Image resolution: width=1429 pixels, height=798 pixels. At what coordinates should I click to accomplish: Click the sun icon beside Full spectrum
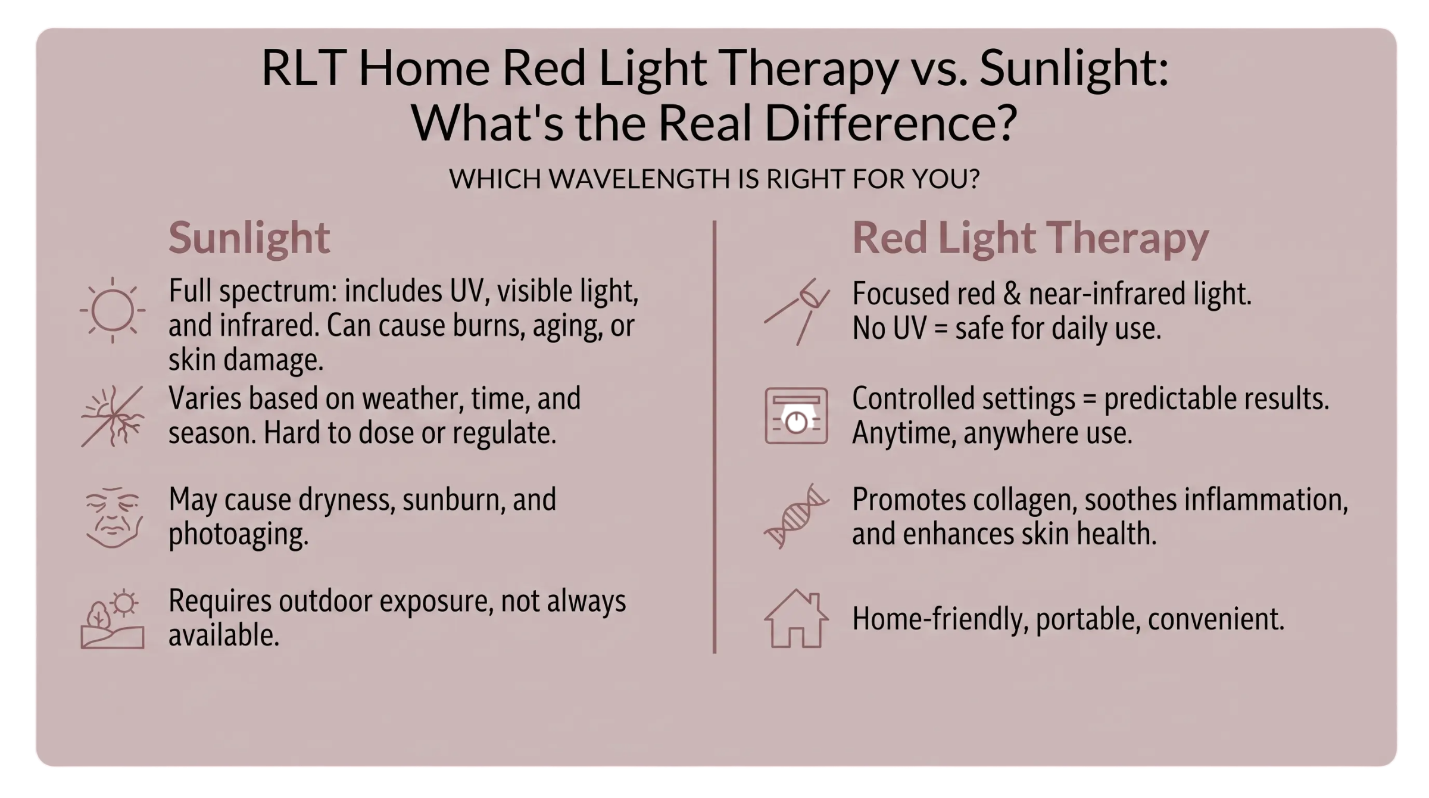(x=113, y=310)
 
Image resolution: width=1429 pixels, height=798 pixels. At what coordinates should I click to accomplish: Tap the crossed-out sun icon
(x=113, y=416)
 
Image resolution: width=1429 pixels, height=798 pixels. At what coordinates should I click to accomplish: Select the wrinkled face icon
(x=113, y=517)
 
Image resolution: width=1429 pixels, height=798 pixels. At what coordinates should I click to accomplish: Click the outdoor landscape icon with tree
(x=113, y=619)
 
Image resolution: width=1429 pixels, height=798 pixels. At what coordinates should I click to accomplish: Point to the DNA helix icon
(x=796, y=516)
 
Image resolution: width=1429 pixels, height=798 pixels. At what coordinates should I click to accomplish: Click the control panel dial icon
(x=796, y=416)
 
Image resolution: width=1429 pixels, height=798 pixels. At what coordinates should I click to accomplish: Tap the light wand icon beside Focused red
(x=797, y=311)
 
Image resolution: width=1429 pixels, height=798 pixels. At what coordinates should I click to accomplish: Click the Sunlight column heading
(x=249, y=238)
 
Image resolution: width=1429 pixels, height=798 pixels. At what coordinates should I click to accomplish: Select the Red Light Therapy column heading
(x=1030, y=238)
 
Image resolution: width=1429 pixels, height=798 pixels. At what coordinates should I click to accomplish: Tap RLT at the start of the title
(x=304, y=68)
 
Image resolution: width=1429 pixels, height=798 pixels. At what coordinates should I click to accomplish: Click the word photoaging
(x=238, y=534)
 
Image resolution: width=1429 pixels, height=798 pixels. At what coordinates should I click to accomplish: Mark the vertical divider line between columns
(x=714, y=437)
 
